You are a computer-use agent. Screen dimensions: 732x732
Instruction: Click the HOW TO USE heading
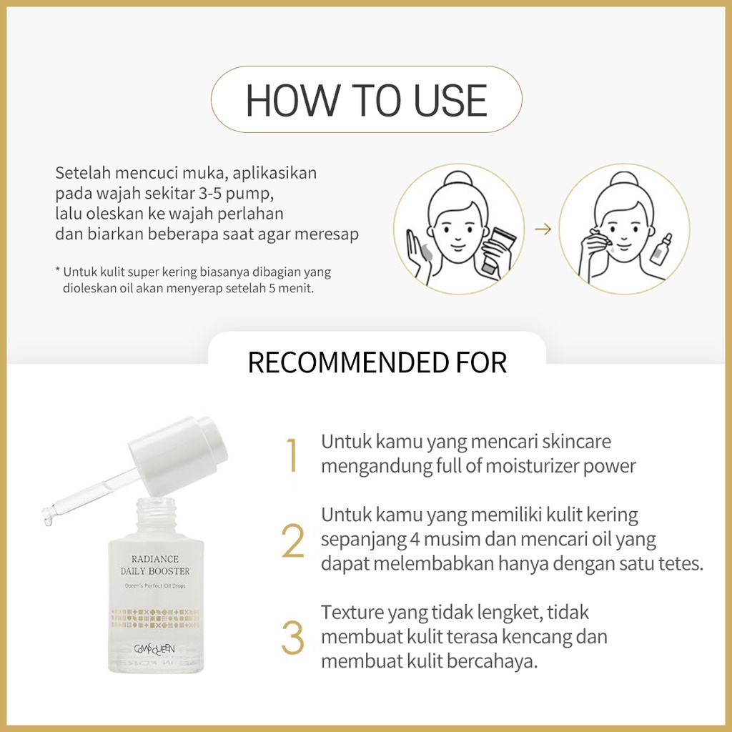pyautogui.click(x=367, y=100)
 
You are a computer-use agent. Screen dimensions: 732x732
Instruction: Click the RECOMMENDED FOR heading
pyautogui.click(x=377, y=362)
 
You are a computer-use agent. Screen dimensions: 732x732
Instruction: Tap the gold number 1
pyautogui.click(x=292, y=455)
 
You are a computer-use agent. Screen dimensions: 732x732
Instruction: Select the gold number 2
pyautogui.click(x=292, y=541)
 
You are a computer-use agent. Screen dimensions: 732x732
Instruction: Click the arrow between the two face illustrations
pyautogui.click(x=543, y=229)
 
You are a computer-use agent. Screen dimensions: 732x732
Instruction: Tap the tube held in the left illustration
pyautogui.click(x=498, y=250)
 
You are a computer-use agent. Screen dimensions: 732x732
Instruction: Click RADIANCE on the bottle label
pyautogui.click(x=155, y=559)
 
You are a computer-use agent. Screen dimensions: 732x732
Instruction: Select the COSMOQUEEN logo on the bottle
pyautogui.click(x=154, y=648)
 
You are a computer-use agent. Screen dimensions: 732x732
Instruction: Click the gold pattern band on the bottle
pyautogui.click(x=155, y=618)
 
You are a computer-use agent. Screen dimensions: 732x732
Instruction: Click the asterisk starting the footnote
pyautogui.click(x=58, y=270)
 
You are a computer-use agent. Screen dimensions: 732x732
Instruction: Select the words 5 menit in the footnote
pyautogui.click(x=291, y=288)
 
